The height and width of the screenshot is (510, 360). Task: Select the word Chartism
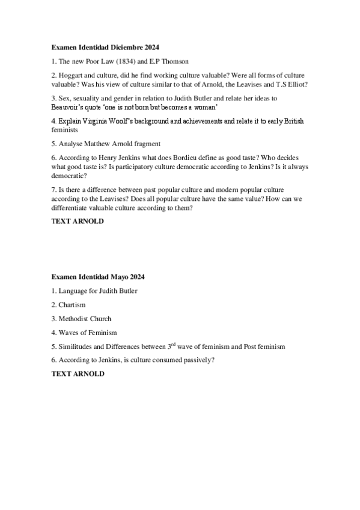click(72, 305)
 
